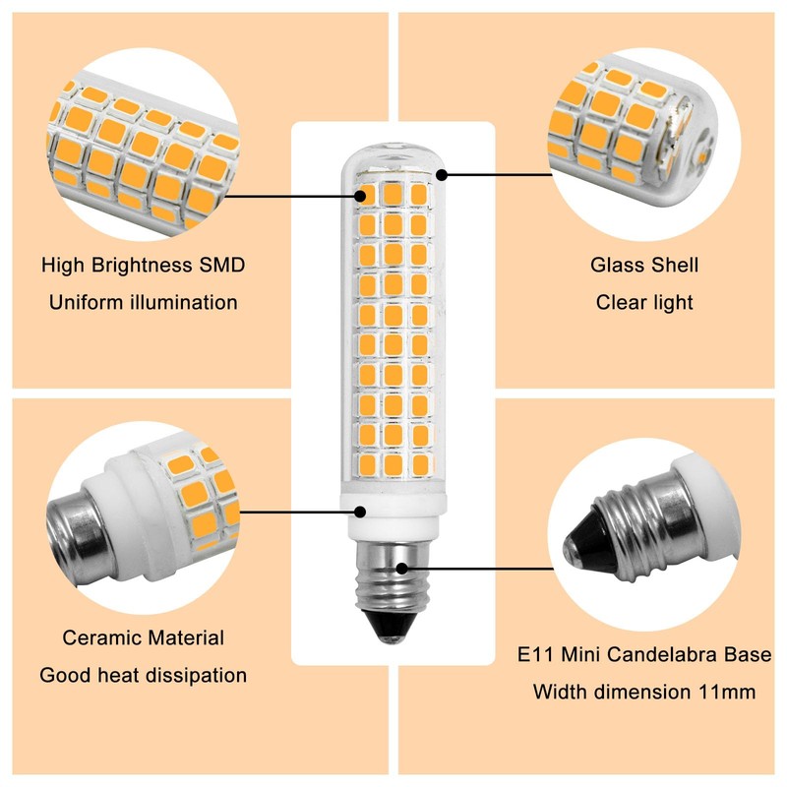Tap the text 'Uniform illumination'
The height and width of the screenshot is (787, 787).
[x=143, y=302]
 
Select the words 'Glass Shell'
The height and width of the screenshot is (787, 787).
[x=644, y=266]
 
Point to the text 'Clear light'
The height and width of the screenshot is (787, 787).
[x=644, y=302]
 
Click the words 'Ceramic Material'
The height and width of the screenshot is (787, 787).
[x=144, y=638]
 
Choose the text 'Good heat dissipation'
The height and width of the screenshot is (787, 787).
[x=144, y=676]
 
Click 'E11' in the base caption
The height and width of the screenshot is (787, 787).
[x=536, y=654]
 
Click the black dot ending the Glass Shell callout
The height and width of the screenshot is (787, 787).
[x=442, y=175]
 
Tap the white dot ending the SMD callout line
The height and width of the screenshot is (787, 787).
[x=362, y=195]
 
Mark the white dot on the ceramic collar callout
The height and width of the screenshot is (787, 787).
[x=360, y=512]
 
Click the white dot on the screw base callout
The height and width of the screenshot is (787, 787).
[x=403, y=568]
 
